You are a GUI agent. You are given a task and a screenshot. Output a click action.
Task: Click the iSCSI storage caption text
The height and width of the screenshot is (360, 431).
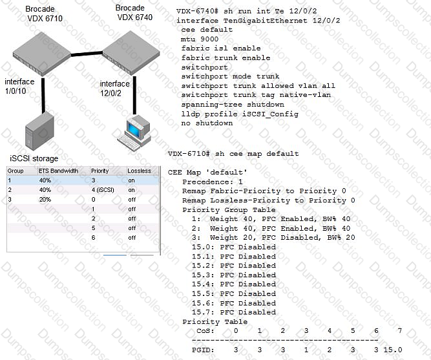click(34, 158)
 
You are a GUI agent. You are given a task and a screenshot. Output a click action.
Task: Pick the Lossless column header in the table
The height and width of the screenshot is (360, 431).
click(139, 171)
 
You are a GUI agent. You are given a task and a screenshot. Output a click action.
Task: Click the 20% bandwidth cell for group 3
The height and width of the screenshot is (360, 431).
click(45, 200)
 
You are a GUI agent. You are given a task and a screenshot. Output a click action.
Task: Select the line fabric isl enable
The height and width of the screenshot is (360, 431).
click(220, 48)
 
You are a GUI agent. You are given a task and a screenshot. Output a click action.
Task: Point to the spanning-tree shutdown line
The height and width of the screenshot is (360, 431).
click(233, 104)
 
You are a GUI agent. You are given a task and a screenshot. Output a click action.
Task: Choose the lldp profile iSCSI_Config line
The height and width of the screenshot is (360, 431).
click(238, 114)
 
